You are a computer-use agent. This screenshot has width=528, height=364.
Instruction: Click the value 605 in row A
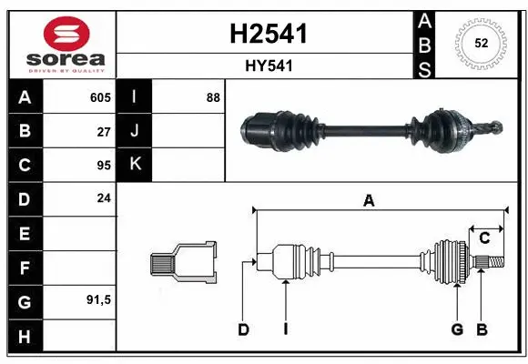100,97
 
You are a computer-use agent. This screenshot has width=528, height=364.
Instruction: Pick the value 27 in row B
103,130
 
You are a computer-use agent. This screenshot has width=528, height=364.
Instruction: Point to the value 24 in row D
103,197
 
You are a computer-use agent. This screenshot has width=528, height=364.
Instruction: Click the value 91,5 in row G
98,298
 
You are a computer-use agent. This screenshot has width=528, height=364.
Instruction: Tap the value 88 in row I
213,97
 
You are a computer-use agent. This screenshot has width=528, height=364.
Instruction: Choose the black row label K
136,164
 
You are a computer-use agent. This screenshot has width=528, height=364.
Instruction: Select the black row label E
25,233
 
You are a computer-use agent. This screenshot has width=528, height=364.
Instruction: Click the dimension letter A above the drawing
369,202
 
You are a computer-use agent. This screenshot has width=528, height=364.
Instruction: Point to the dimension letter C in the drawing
484,238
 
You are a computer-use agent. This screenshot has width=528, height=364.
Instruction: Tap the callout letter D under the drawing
243,329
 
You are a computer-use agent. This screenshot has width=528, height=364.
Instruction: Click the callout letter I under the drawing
285,329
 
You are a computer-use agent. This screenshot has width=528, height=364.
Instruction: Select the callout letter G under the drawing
457,329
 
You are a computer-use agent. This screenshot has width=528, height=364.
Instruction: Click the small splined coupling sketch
183,263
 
